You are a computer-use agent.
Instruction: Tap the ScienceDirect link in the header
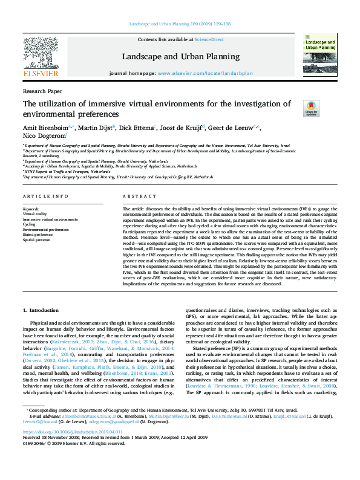point(209,39)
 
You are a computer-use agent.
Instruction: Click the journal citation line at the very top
point(180,24)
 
